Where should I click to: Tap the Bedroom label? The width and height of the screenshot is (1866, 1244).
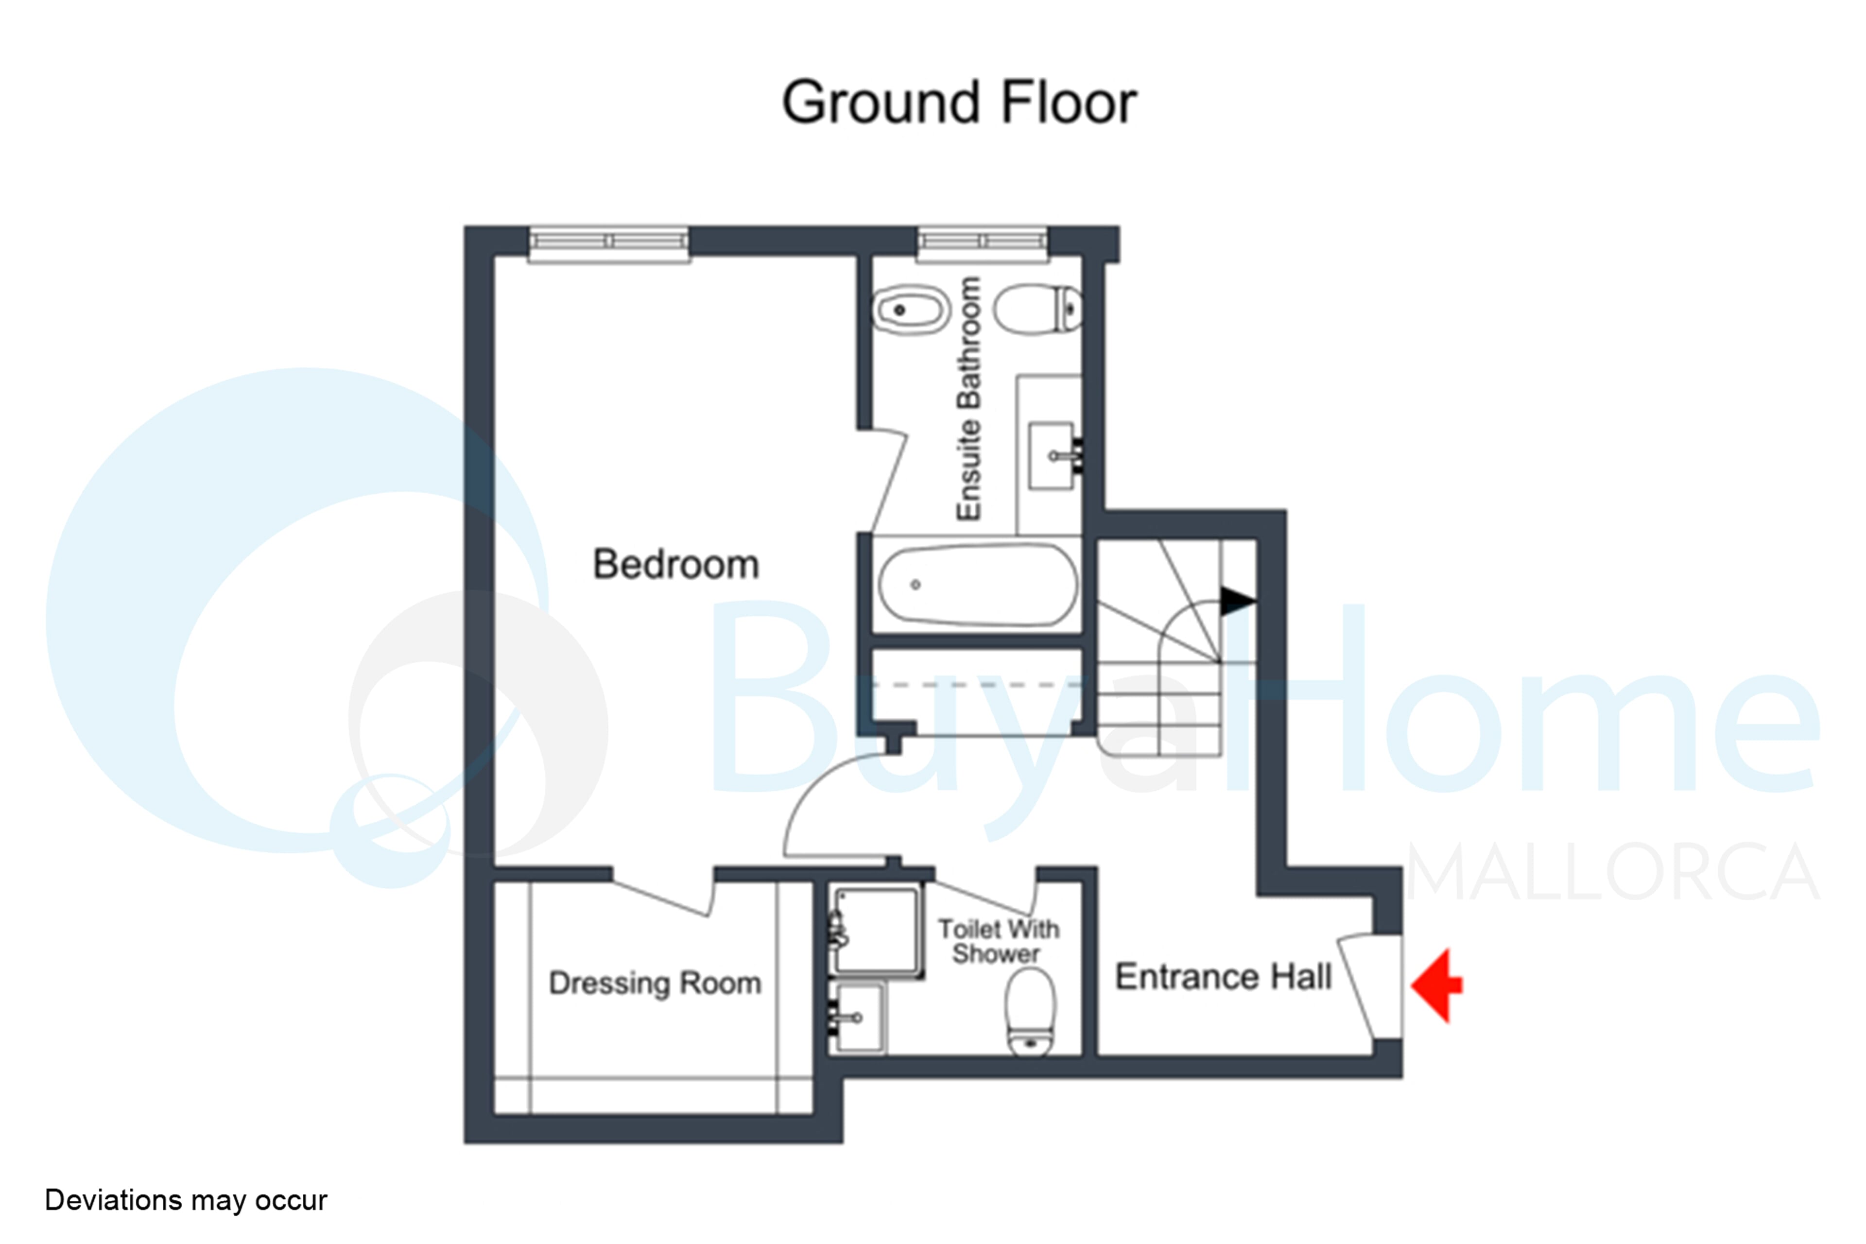click(x=676, y=564)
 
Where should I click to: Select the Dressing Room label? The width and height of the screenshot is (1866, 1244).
click(x=656, y=983)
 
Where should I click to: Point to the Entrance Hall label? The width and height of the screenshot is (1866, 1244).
click(x=1224, y=977)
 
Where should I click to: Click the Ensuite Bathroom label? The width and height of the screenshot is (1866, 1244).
click(x=968, y=398)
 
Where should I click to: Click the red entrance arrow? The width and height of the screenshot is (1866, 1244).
click(x=1437, y=985)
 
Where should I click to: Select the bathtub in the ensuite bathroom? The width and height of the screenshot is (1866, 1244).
click(x=978, y=585)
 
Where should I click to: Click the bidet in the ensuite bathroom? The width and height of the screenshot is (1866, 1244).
click(x=912, y=310)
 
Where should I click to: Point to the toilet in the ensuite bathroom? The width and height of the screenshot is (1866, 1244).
click(x=1038, y=310)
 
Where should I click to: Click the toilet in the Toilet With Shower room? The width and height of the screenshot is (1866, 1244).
click(x=1031, y=1012)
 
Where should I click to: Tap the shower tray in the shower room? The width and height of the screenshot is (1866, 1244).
click(x=876, y=931)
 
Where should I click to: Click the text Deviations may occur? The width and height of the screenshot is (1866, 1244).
click(x=186, y=1200)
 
